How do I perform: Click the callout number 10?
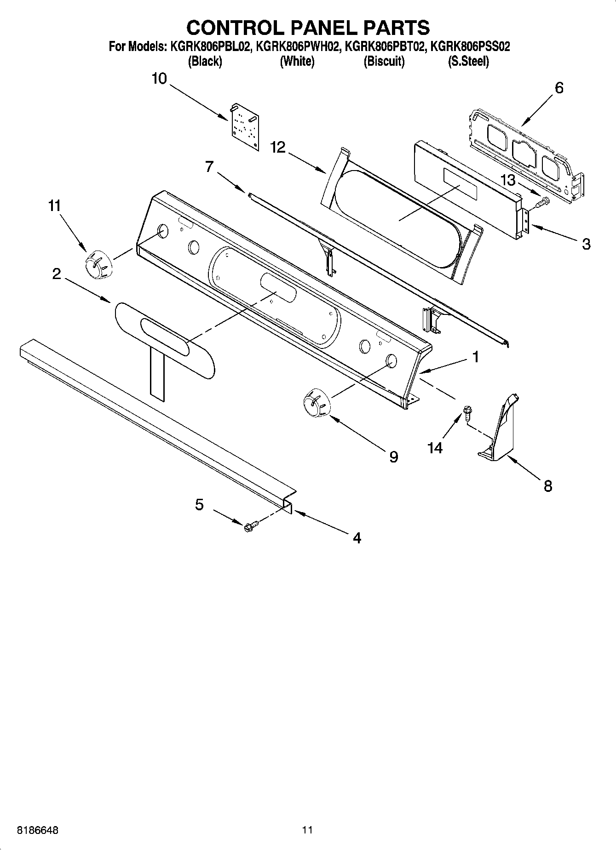coord(159,79)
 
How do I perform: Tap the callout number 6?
coord(559,88)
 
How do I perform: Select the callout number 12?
coord(278,147)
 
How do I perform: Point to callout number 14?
coord(435,447)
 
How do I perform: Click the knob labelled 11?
coord(98,265)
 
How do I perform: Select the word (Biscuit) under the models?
coord(384,61)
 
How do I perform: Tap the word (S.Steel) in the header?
coord(468,61)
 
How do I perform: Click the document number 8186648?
coord(38,830)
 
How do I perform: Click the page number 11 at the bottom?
coord(307,830)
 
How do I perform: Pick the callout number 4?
coord(357,537)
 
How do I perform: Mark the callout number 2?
coord(56,274)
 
